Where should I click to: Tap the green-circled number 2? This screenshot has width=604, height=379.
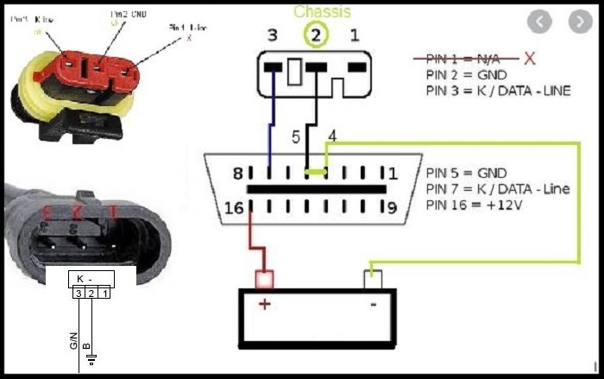click(x=317, y=35)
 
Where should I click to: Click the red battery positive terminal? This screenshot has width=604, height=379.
click(x=265, y=278)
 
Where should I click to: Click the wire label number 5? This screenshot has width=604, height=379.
click(x=295, y=137)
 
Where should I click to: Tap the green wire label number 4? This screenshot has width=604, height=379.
click(x=332, y=136)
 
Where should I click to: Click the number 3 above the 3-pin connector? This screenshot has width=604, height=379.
click(x=273, y=35)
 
